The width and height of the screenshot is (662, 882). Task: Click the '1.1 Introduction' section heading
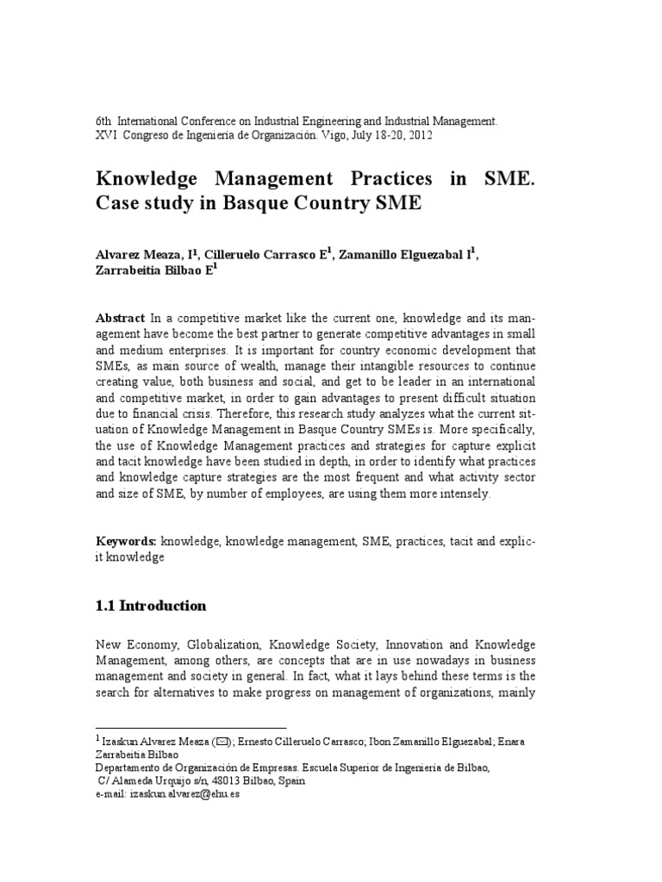click(x=151, y=606)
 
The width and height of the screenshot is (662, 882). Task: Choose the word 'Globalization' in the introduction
click(x=218, y=645)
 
